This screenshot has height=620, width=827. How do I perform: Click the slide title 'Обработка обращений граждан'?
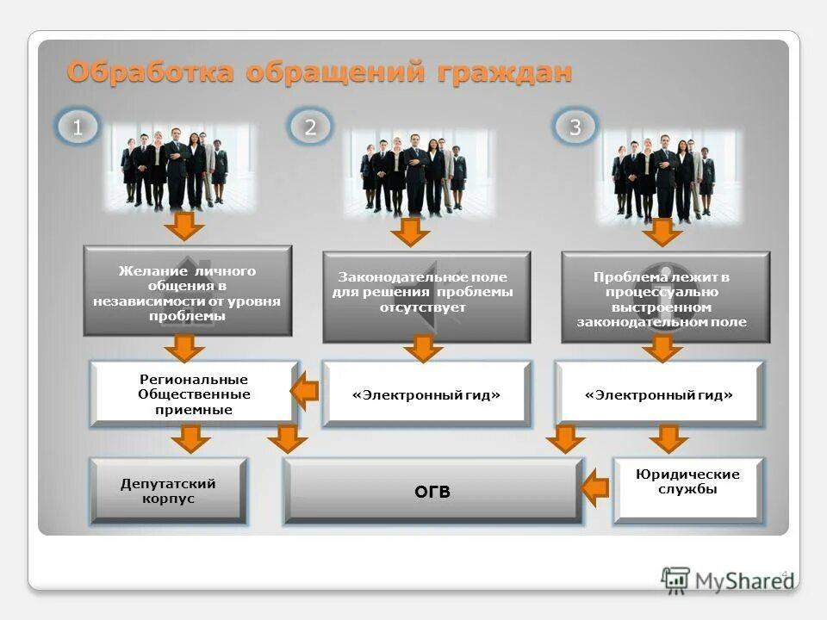pyautogui.click(x=319, y=72)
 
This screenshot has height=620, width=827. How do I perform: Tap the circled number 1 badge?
pyautogui.click(x=77, y=128)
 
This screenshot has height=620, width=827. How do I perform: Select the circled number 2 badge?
pyautogui.click(x=310, y=128)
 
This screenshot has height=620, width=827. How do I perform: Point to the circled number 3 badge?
pyautogui.click(x=575, y=128)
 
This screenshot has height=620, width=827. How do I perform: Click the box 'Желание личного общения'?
pyautogui.click(x=187, y=292)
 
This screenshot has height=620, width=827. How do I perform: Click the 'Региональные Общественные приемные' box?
pyautogui.click(x=194, y=394)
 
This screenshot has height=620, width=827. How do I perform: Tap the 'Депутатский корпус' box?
pyautogui.click(x=168, y=492)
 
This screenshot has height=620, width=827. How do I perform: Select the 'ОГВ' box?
pyautogui.click(x=433, y=492)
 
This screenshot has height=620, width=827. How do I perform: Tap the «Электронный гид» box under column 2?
pyautogui.click(x=426, y=394)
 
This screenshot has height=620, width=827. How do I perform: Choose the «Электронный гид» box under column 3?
pyautogui.click(x=659, y=394)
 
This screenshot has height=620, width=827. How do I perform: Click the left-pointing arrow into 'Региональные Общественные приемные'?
pyautogui.click(x=304, y=394)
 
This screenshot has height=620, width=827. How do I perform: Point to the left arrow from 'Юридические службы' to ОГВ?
pyautogui.click(x=595, y=490)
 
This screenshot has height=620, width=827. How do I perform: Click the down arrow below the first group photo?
pyautogui.click(x=185, y=226)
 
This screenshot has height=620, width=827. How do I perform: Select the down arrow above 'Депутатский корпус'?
pyautogui.click(x=190, y=439)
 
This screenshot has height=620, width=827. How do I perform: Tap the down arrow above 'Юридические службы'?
pyautogui.click(x=668, y=439)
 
